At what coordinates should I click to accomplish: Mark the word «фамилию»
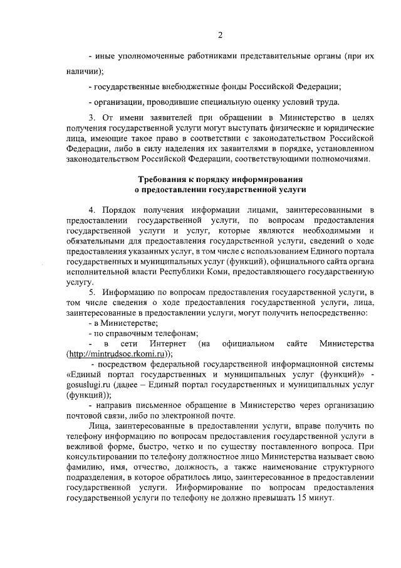84,477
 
